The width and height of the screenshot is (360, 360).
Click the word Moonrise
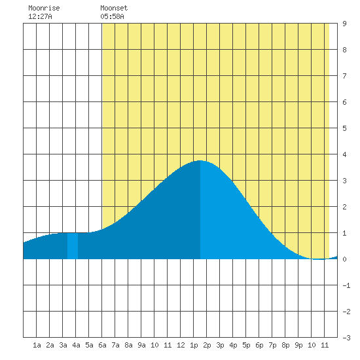(x=44, y=8)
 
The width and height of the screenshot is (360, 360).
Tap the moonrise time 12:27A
(x=40, y=16)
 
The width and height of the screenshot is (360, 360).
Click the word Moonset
(x=114, y=8)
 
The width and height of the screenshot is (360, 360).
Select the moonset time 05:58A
(x=113, y=16)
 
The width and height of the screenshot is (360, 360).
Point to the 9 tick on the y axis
(x=344, y=24)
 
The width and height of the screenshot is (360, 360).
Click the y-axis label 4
(x=344, y=154)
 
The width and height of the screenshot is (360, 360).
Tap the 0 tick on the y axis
(x=344, y=259)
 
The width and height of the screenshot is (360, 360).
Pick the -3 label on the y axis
(x=346, y=338)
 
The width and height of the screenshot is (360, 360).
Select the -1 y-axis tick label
(x=346, y=285)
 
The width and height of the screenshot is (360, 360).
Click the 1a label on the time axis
(x=37, y=345)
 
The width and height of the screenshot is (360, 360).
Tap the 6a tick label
(x=102, y=345)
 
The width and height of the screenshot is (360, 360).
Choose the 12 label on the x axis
(x=181, y=345)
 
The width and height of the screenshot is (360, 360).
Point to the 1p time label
(x=194, y=345)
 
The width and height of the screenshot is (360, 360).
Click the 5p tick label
(x=246, y=345)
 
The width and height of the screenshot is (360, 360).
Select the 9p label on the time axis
(x=298, y=345)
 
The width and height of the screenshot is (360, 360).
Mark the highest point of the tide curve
(x=200, y=160)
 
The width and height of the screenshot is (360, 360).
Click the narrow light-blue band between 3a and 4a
(x=73, y=246)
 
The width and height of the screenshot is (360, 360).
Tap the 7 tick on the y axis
(x=344, y=76)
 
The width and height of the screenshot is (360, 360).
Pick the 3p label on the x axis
(x=220, y=345)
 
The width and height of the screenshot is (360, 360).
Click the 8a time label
(x=128, y=345)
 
